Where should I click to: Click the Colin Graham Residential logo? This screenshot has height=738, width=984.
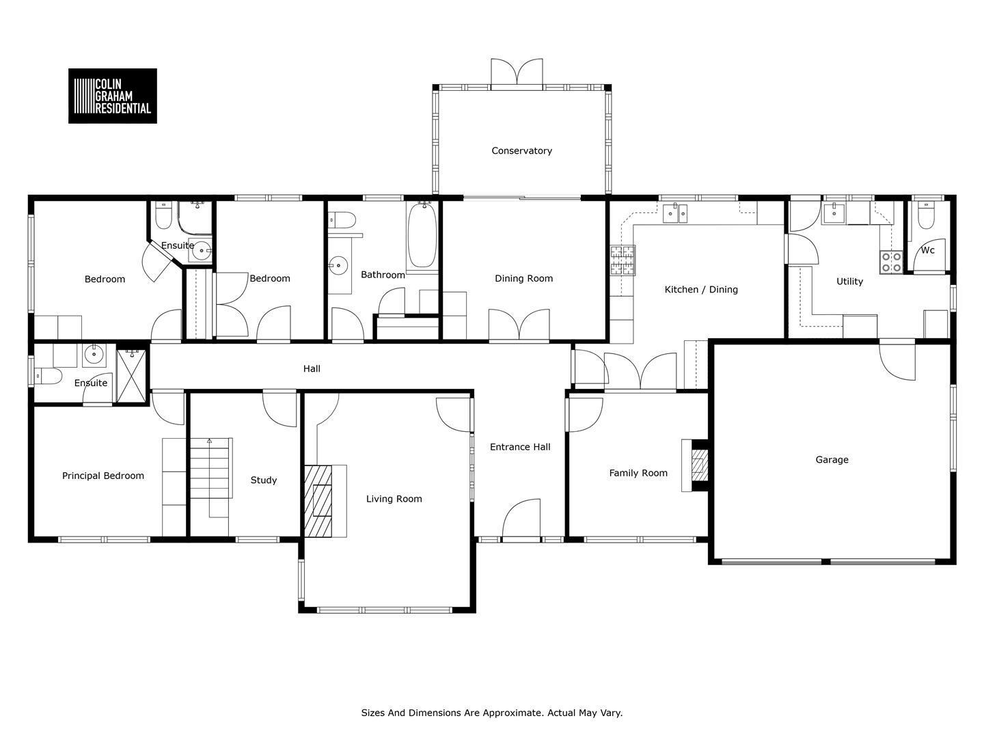[x=113, y=96]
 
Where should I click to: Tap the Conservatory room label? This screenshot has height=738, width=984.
[x=521, y=151]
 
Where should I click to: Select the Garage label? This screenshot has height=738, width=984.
[x=832, y=460]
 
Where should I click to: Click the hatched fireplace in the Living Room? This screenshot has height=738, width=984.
[x=318, y=501]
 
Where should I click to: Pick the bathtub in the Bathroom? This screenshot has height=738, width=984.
[x=422, y=235]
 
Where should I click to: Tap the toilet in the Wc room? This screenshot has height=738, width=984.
[x=926, y=216]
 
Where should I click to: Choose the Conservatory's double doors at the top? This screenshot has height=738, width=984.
[x=517, y=72]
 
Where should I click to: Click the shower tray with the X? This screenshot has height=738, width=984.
[x=131, y=376]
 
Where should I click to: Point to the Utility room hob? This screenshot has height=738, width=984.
[x=891, y=262]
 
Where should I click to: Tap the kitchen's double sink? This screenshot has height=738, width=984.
[x=675, y=213]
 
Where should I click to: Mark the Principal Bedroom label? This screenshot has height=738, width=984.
[x=103, y=476]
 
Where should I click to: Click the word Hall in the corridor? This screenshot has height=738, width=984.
[x=312, y=369]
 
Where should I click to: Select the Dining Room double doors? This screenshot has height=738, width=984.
[x=519, y=325]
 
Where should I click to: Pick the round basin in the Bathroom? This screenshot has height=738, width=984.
[x=338, y=265]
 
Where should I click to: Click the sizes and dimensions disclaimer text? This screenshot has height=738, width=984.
[x=492, y=713]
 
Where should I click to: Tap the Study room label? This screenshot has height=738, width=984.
[x=264, y=480]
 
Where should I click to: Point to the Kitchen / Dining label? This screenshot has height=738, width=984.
[x=701, y=290]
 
